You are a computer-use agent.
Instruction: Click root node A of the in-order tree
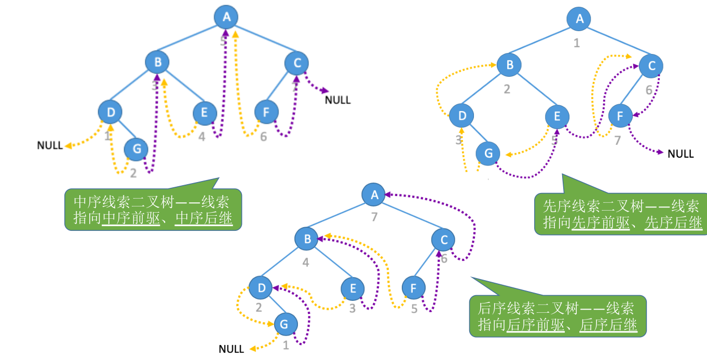coord(226,17)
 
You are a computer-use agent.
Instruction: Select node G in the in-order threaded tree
coord(137,149)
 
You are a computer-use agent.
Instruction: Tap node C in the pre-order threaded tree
coord(651,66)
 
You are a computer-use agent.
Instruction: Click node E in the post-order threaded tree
coord(353,288)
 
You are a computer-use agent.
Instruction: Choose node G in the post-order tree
coord(284,324)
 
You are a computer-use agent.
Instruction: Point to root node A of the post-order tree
coord(374,195)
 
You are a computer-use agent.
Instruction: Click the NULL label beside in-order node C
coord(337,100)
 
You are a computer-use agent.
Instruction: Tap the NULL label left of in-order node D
coord(50,145)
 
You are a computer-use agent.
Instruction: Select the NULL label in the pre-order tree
coord(681,154)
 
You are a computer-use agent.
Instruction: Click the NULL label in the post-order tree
coord(232,349)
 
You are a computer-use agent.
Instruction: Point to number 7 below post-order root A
coord(374,217)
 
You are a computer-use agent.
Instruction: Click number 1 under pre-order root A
coord(576,43)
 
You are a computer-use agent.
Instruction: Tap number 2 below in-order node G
coord(133,173)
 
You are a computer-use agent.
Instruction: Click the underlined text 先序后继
coord(673,223)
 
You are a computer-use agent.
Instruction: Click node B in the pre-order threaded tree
coord(509,65)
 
